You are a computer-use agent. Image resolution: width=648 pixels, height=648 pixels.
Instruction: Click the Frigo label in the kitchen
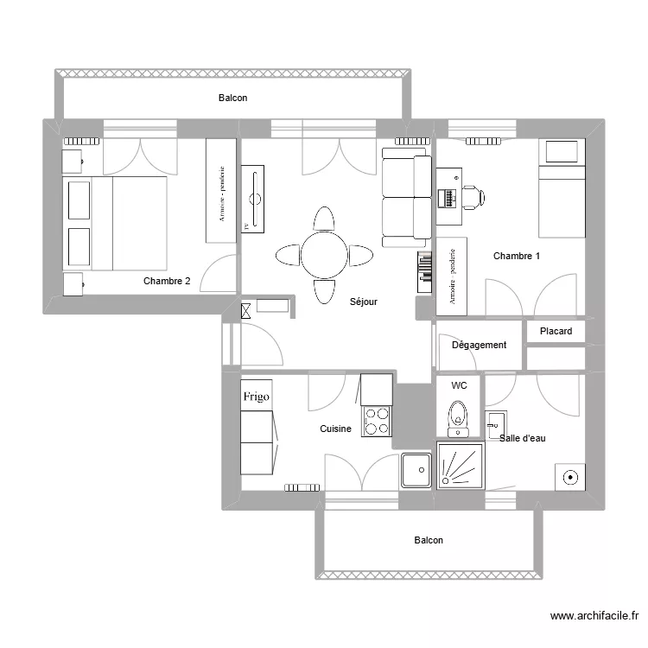pos(256,397)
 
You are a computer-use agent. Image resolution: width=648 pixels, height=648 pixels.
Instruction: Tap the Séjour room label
pos(365,302)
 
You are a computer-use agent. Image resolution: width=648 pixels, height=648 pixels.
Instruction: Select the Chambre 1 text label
pos(517,256)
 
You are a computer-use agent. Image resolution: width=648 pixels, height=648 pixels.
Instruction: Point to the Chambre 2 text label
pos(167,281)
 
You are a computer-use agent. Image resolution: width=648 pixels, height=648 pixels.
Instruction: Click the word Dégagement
pos(479,345)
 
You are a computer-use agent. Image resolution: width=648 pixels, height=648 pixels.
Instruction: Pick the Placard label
pos(556,332)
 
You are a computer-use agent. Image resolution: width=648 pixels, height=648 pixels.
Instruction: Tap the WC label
pos(459,385)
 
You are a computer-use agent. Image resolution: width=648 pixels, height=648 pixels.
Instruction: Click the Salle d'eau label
pos(523,438)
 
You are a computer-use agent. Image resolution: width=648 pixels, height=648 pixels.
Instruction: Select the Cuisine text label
pos(335,429)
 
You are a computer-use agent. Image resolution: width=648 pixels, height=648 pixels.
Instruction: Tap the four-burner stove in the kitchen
pos(377,421)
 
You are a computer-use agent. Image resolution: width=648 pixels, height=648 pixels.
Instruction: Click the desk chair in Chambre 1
pos(473,197)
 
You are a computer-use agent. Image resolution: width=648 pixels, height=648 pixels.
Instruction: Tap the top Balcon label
pos(232,98)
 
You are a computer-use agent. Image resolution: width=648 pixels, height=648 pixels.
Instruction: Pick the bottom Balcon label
pos(429,540)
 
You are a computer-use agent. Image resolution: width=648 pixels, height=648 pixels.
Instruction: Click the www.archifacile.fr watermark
pos(594,616)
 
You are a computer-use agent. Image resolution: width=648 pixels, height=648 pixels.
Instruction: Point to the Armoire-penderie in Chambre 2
pos(220,190)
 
